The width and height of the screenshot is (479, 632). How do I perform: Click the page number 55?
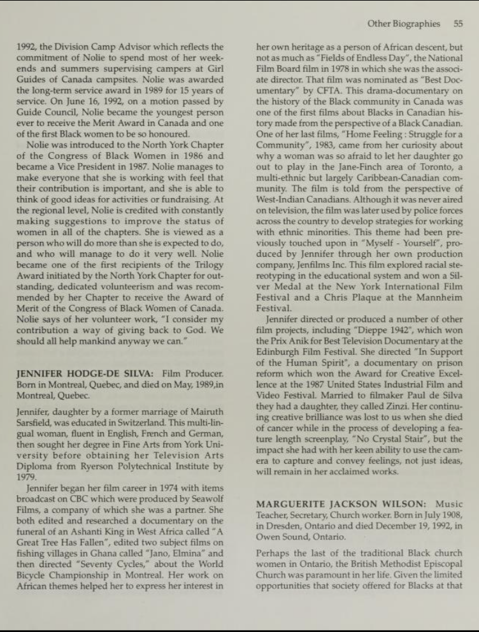[x=457, y=24]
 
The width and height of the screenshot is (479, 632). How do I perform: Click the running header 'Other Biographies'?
[x=403, y=24]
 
